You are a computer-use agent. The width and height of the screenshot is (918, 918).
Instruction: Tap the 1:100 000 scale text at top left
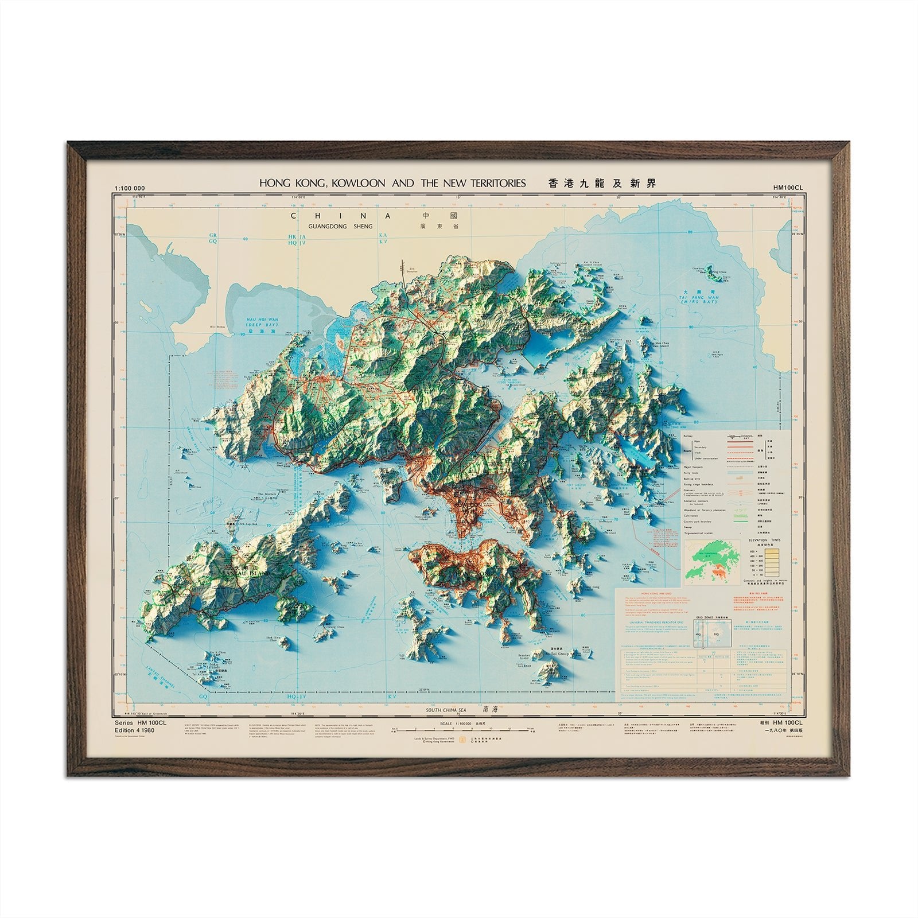click(x=130, y=188)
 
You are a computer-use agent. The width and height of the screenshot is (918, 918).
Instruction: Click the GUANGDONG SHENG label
click(x=340, y=226)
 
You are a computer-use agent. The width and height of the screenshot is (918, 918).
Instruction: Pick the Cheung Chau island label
click(x=320, y=628)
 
